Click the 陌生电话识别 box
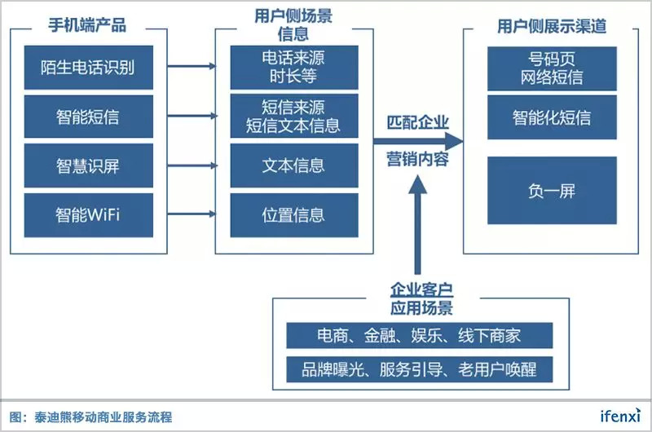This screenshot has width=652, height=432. [88, 68]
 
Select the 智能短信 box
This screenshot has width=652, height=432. [88, 117]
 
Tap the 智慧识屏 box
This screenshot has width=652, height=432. [88, 166]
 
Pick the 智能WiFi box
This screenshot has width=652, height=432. [88, 215]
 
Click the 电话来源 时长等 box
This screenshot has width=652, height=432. [293, 68]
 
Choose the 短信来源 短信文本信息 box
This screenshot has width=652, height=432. [293, 117]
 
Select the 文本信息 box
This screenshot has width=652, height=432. [293, 166]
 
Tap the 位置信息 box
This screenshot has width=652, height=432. [293, 215]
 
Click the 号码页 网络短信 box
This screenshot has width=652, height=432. [552, 68]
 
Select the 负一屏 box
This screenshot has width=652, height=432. [552, 191]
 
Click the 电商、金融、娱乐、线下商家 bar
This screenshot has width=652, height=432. [419, 336]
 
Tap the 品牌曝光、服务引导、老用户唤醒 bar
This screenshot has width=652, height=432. [419, 368]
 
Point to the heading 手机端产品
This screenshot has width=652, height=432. [88, 25]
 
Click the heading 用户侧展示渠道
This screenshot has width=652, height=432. [552, 25]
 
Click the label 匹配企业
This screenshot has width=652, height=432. [417, 123]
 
